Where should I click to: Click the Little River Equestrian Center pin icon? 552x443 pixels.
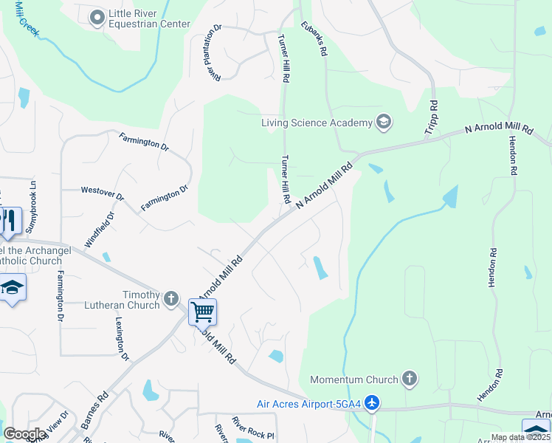click(97, 18)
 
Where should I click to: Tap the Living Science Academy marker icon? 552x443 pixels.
click(383, 122)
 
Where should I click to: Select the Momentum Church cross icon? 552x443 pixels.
click(410, 380)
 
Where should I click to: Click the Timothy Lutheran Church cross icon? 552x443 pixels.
click(171, 299)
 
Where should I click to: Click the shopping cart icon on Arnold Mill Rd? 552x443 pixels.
click(202, 312)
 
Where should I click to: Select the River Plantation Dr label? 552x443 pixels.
click(216, 53)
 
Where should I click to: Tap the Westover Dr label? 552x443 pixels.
click(103, 193)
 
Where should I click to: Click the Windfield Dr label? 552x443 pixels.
click(100, 230)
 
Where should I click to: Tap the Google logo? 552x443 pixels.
click(24, 434)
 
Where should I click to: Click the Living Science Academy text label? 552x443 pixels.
click(317, 123)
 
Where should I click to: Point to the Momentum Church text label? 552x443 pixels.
click(354, 380)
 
